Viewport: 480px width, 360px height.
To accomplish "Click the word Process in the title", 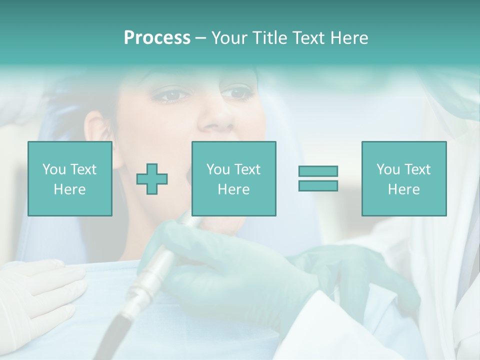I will pyautogui.click(x=157, y=38).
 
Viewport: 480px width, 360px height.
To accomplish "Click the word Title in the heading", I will pyautogui.click(x=269, y=38).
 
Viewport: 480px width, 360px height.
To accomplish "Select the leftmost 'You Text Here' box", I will pyautogui.click(x=69, y=178).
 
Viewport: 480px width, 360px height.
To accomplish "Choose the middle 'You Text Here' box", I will pyautogui.click(x=233, y=178).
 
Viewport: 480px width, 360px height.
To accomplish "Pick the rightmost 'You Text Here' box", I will pyautogui.click(x=403, y=178).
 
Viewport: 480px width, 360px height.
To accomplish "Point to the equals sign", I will pyautogui.click(x=318, y=178).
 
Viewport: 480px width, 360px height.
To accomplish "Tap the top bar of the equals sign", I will pyautogui.click(x=318, y=171).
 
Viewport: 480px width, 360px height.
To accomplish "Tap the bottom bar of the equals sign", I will pyautogui.click(x=318, y=185).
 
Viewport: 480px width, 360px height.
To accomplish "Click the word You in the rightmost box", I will pyautogui.click(x=388, y=169).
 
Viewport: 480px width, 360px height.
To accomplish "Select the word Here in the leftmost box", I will pyautogui.click(x=69, y=189).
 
